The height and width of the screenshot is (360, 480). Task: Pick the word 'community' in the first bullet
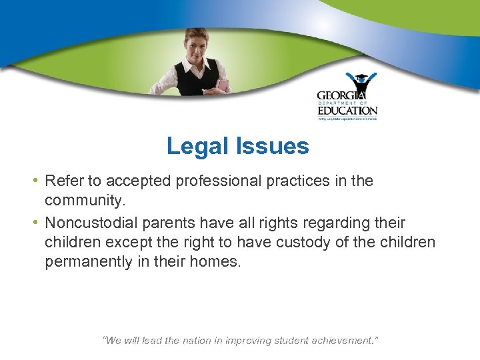click(85, 201)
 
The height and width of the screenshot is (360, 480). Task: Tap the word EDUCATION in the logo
click(347, 111)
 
